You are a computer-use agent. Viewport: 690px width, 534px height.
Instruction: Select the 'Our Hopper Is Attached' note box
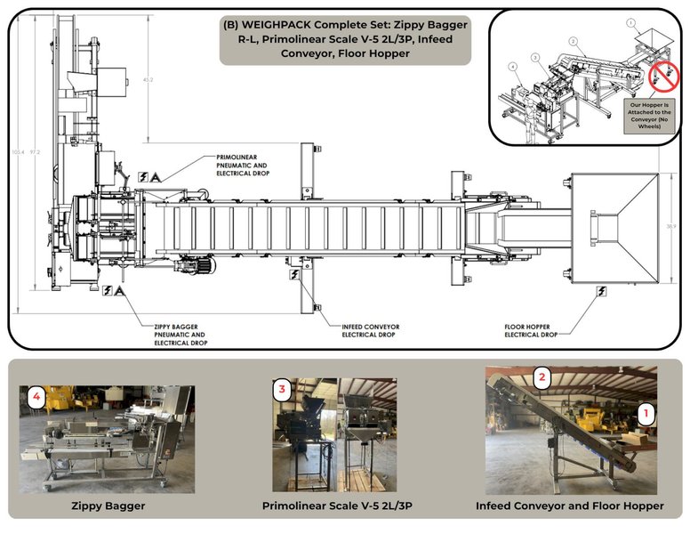pos(651,115)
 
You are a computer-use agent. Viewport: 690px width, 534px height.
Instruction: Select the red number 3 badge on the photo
pos(282,389)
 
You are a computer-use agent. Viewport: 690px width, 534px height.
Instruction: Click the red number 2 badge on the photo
pos(541,377)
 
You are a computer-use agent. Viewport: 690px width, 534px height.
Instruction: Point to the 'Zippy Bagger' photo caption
pos(108,506)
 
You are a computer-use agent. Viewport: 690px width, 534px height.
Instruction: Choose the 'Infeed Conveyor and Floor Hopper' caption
pos(569,506)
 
